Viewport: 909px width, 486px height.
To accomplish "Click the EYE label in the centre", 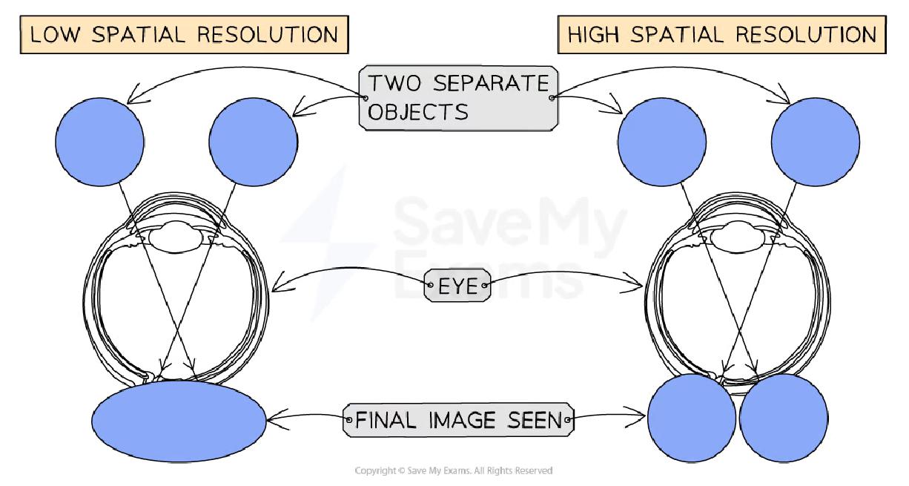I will [x=457, y=285].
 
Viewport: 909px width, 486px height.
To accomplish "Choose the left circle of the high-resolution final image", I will [x=691, y=419].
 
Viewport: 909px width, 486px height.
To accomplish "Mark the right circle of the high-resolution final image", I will [x=784, y=419].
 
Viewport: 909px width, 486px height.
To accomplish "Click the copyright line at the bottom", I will [x=454, y=470].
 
